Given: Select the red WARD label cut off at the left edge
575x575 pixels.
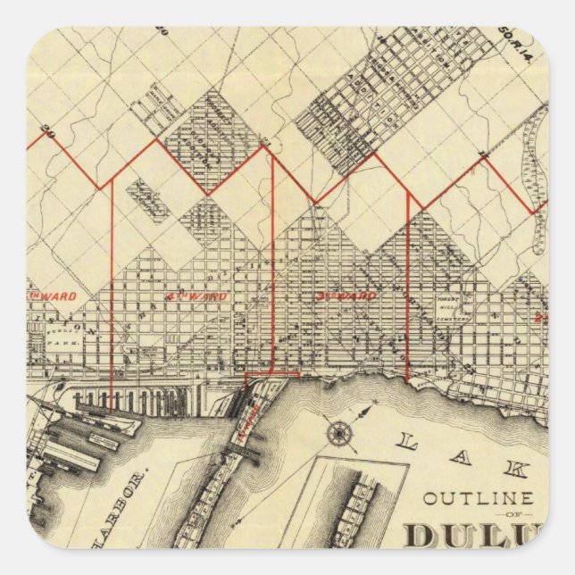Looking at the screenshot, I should click(x=54, y=296).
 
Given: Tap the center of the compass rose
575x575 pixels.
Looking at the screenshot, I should click(x=339, y=434).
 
